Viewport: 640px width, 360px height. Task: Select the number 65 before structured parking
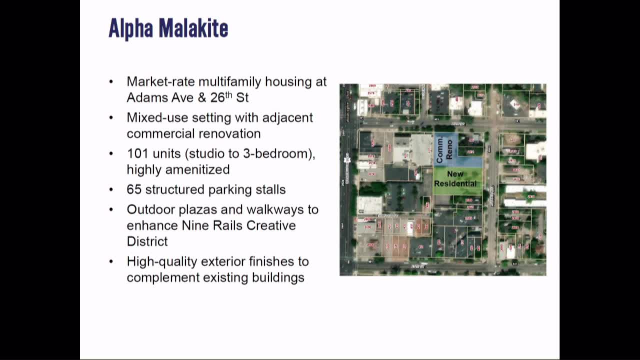[134, 189]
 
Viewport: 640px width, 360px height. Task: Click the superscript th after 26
[229, 93]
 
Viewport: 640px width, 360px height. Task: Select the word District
[147, 241]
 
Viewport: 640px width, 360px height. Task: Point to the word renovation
[229, 133]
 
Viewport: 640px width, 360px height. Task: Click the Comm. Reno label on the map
[444, 149]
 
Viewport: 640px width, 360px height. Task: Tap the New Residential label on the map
[455, 179]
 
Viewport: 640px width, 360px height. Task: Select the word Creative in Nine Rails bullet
[273, 225]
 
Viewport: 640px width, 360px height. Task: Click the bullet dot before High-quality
[111, 261]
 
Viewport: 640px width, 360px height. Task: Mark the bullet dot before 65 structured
[111, 189]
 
